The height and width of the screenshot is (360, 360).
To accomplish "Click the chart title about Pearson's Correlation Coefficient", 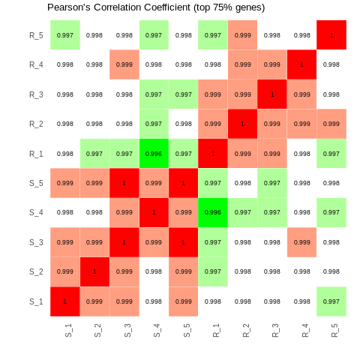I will point(156,7).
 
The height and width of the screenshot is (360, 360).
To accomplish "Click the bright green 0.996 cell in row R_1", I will point(154,154).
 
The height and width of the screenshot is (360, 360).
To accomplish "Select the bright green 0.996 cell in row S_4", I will point(213,212).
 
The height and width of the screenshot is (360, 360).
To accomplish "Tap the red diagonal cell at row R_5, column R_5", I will point(331,35).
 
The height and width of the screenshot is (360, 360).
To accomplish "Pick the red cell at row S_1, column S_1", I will point(65,301).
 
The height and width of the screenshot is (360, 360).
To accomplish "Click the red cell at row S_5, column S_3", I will point(124,183).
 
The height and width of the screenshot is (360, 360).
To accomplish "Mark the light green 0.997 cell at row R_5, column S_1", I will point(65,35).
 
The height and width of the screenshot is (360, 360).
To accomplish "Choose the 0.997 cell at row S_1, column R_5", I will point(331,301).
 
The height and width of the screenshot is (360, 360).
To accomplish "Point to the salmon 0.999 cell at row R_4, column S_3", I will point(124,64).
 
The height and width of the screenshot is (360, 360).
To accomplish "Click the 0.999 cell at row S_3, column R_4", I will point(301,242).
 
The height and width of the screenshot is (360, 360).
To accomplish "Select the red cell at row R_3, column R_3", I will point(272,94).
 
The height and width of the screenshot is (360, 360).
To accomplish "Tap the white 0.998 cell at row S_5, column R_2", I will point(242,183).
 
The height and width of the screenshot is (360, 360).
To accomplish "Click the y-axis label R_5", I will point(36,35).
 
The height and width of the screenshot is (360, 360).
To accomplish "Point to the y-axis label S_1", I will point(36,301).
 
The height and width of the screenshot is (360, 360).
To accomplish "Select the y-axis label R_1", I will point(36,154).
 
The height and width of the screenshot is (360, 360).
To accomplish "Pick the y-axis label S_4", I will point(36,212).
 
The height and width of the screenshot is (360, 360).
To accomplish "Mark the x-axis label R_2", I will point(245,330).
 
